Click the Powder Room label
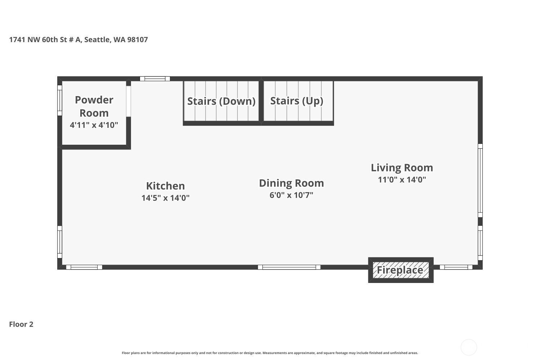coord(94,106)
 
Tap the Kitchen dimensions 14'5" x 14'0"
coord(165,198)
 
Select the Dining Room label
coord(291,183)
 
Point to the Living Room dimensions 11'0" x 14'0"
coord(402,180)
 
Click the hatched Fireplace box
coord(401,270)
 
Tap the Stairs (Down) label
coord(221,101)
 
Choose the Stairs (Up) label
coord(297,101)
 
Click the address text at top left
coord(78,40)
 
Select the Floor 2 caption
coord(21,324)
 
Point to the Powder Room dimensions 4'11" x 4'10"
coord(94,125)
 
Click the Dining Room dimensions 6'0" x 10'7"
coord(291,195)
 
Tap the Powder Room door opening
coord(129,101)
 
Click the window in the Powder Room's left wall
coord(59,100)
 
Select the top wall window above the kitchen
coord(155,78)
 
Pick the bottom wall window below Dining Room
coord(289,267)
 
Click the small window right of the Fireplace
coord(456,267)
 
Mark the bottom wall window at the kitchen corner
coord(84,267)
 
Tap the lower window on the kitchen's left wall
coord(59,242)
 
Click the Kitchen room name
coord(165,186)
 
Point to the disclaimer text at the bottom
coord(270,353)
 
